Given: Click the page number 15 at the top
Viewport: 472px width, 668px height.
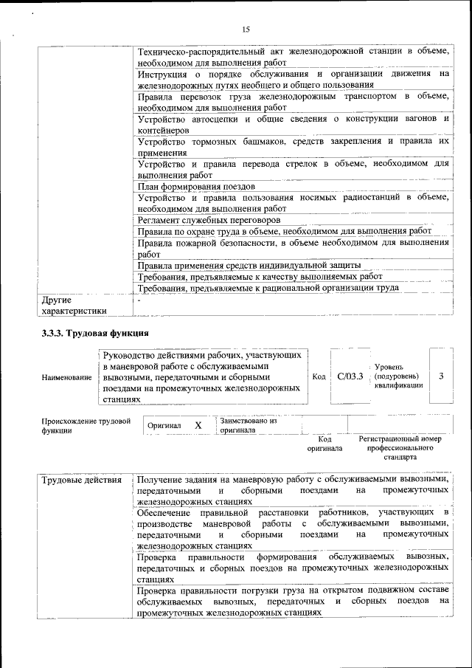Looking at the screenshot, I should point(246,30).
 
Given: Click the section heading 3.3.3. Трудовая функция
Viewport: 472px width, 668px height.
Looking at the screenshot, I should point(95,333).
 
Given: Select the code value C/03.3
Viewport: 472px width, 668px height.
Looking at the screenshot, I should point(350,376).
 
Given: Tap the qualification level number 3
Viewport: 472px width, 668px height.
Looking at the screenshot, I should point(440,376).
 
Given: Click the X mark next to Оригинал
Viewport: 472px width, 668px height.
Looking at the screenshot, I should point(198,426).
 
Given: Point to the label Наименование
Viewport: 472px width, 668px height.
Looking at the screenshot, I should point(67,377).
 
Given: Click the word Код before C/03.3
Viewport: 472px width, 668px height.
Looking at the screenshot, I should point(319,376).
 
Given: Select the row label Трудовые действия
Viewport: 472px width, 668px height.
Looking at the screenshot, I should point(81,481).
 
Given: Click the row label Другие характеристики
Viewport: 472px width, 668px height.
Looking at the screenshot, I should point(74,306).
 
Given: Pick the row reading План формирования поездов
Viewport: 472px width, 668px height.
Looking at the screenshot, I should point(196,187).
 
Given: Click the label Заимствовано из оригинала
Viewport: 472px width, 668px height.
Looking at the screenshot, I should point(248,425).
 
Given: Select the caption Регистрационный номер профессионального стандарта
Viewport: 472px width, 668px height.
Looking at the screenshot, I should point(400,448).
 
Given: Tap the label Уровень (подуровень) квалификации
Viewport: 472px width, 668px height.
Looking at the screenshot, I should point(398,376).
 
